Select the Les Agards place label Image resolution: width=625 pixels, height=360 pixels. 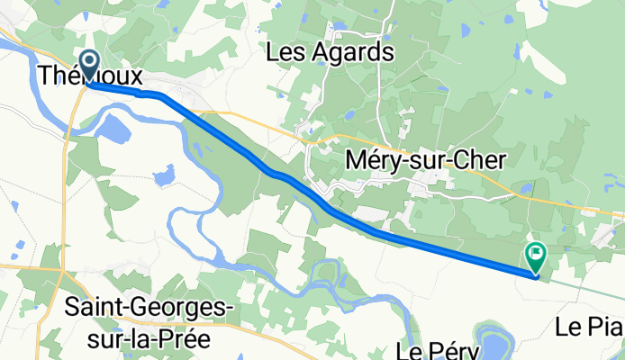(331, 52)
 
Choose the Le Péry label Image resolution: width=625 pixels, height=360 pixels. (434, 348)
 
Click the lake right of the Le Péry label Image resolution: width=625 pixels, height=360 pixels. (494, 343)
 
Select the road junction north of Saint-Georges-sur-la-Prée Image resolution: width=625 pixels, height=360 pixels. (60, 266)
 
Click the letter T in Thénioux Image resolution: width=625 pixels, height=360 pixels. (46, 76)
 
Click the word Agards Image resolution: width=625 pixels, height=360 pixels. (353, 52)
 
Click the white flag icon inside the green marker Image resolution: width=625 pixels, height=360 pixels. (535, 253)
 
